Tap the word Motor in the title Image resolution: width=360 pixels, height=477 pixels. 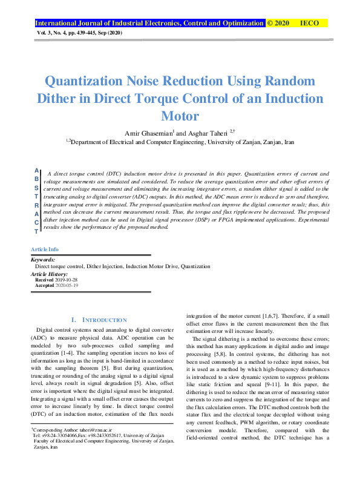tap(179, 115)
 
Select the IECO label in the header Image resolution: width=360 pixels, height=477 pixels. tap(309, 23)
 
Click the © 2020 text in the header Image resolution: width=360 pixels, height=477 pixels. tap(278, 23)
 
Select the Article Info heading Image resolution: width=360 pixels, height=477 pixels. tap(45, 249)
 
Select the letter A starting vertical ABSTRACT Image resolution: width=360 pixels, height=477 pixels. tap(37, 171)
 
